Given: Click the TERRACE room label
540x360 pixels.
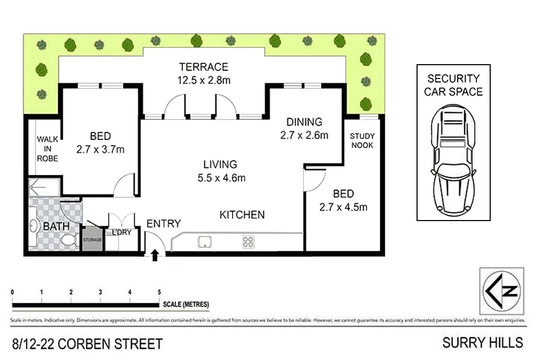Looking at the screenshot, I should click(203, 67).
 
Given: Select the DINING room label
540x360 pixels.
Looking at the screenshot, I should click(304, 121).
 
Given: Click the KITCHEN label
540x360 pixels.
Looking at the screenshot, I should click(242, 215).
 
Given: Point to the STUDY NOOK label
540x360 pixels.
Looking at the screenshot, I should click(362, 141).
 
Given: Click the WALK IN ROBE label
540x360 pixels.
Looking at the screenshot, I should click(47, 149).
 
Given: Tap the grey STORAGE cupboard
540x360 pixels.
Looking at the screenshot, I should click(92, 240).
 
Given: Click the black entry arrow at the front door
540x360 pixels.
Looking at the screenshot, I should click(155, 256).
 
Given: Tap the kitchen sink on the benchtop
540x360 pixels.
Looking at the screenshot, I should click(205, 242).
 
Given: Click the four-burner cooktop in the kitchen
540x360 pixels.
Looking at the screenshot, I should click(248, 242).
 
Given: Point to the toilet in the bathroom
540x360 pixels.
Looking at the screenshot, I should click(67, 241).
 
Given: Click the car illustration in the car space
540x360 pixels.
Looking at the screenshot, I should click(454, 159).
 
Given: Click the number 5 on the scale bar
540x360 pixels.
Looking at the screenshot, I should click(159, 292).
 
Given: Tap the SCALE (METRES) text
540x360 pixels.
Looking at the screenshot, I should click(186, 304).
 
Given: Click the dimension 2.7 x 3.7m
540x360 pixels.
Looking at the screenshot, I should click(100, 149).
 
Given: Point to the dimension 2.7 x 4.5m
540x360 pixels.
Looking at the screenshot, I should click(344, 207).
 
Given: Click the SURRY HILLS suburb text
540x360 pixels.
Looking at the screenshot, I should click(483, 343).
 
